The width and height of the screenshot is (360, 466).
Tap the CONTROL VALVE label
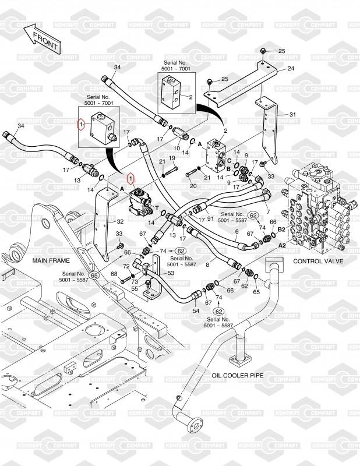pos(320,261)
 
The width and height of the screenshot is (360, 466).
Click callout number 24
pos(291,69)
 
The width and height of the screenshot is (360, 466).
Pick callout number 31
pos(292,114)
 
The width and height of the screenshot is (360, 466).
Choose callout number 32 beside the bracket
pos(120,221)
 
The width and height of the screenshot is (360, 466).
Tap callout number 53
pos(171,273)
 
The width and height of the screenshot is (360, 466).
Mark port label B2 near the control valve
pos(281,230)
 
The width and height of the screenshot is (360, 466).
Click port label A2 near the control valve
pos(281,245)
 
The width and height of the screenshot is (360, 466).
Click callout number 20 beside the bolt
pos(193,185)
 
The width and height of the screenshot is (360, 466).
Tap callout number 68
pos(114,274)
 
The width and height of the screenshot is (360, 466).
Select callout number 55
pos(134,288)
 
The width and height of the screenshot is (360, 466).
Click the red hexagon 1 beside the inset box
pos(82,124)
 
